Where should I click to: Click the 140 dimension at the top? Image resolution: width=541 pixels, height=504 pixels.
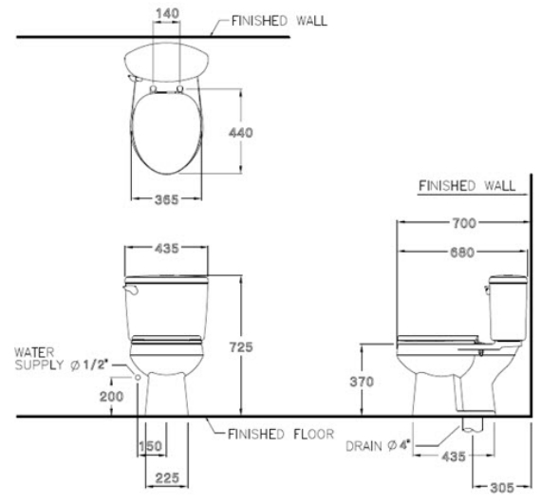pyautogui.click(x=167, y=14)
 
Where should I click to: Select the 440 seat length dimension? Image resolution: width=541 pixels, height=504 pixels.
pyautogui.click(x=241, y=133)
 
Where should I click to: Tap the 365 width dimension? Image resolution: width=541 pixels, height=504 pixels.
pyautogui.click(x=167, y=199)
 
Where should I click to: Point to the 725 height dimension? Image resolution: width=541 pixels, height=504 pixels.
pyautogui.click(x=241, y=347)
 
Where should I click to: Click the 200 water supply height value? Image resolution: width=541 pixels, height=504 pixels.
pyautogui.click(x=111, y=397)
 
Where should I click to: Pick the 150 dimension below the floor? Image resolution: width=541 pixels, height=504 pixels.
pyautogui.click(x=150, y=446)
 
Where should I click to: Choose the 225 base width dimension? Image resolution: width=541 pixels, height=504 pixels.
pyautogui.click(x=167, y=478)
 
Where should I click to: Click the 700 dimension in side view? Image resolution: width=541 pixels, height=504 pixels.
pyautogui.click(x=464, y=223)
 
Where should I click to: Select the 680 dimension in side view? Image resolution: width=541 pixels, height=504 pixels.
pyautogui.click(x=462, y=252)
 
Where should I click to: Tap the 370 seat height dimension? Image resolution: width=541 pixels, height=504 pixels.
pyautogui.click(x=362, y=382)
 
